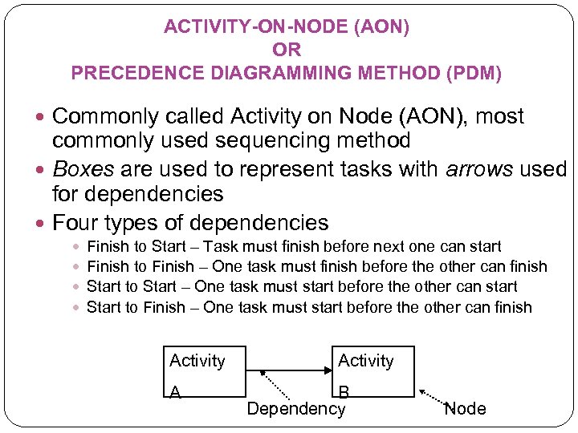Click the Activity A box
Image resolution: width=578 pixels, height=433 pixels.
(204, 372)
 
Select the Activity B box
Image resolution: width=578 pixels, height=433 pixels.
(365, 372)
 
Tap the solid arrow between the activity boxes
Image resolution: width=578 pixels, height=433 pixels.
(289, 370)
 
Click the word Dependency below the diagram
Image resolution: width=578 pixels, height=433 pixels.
(295, 409)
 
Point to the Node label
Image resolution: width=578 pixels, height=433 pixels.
(465, 409)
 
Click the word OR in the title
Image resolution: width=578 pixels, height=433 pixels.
(287, 51)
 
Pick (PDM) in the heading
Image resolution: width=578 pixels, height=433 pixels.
(474, 74)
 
